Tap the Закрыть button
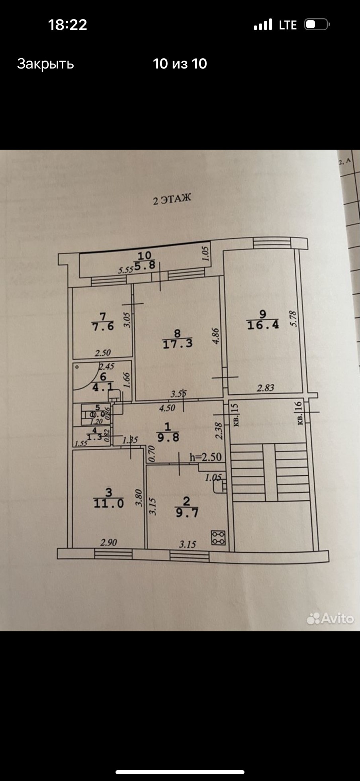coord(45,64)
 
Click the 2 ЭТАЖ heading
coord(172,199)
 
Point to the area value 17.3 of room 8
coord(178,343)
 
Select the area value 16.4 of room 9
coord(263,325)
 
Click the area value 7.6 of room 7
coord(103,326)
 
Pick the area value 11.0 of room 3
coord(108,504)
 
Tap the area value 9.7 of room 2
coord(187,513)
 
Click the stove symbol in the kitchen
coord(218,537)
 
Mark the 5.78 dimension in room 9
coord(293,319)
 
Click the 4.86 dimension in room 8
coord(215,336)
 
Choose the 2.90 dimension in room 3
coord(108,542)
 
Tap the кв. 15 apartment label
coord(235,414)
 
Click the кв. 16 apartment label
coord(299,413)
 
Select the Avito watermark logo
coord(330,618)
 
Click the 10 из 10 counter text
coord(180,64)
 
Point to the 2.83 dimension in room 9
coord(265,387)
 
